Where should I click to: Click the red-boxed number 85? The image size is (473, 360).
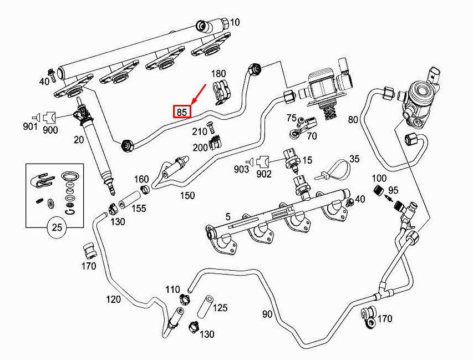click(182, 111)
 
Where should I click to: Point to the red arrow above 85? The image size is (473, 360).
click(198, 94)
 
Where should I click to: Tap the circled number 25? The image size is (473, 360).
click(57, 227)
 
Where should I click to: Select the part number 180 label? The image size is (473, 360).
click(218, 74)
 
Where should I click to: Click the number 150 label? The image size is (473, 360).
click(187, 195)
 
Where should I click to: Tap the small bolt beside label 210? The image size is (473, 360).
click(211, 128)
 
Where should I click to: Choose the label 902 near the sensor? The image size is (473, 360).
click(263, 174)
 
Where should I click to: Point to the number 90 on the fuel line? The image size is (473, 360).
click(267, 314)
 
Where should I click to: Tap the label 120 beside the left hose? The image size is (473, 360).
click(114, 300)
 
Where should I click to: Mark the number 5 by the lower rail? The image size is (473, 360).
click(228, 216)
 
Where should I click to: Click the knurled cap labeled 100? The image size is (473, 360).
click(378, 191)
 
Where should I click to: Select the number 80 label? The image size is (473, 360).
click(353, 119)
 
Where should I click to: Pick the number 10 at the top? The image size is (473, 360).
click(235, 22)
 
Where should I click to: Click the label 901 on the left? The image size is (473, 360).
click(30, 126)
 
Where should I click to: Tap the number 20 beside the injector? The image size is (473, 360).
click(78, 140)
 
